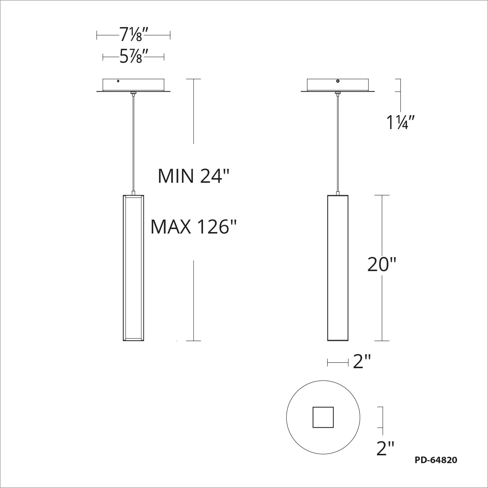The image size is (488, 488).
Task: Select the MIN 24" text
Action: pyautogui.click(x=193, y=176)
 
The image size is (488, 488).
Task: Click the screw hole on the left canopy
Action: pyautogui.click(x=118, y=81)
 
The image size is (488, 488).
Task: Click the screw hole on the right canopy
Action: pyautogui.click(x=338, y=81)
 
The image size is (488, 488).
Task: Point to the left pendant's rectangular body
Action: pyautogui.click(x=133, y=268)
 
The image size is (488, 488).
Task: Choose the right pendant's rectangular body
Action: pyautogui.click(x=338, y=268)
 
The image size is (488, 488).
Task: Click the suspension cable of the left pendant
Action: pyautogui.click(x=133, y=142)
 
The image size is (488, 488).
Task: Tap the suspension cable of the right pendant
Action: pyautogui.click(x=338, y=142)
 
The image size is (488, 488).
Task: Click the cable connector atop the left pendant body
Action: pyautogui.click(x=133, y=193)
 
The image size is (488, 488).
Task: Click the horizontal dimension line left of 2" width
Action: pyautogui.click(x=338, y=363)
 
